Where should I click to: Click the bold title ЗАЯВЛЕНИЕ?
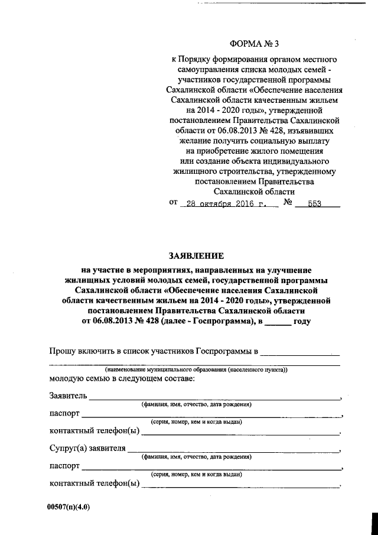click(x=197, y=256)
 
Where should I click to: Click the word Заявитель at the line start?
click(x=69, y=395)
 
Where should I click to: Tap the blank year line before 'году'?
click(x=278, y=323)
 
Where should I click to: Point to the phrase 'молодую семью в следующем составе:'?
click(x=122, y=378)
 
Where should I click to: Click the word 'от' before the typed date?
click(x=174, y=203)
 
